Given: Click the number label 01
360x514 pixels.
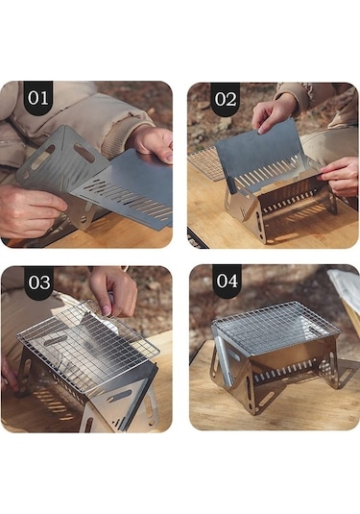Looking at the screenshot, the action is (38, 98).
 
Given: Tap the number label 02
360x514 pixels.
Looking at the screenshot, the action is (226, 99).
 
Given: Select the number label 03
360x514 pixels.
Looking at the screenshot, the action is (39, 282).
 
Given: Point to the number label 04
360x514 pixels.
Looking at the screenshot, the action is (227, 281).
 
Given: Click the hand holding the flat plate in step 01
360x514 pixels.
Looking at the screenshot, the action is (154, 143).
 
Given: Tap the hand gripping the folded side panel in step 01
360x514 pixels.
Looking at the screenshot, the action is (30, 209).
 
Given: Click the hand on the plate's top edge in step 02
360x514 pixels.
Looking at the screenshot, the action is (274, 115).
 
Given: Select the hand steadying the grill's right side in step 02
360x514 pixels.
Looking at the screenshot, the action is (340, 176).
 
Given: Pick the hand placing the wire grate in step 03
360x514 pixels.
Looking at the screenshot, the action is (115, 291).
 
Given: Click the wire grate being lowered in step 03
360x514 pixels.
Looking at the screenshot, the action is (87, 344).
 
